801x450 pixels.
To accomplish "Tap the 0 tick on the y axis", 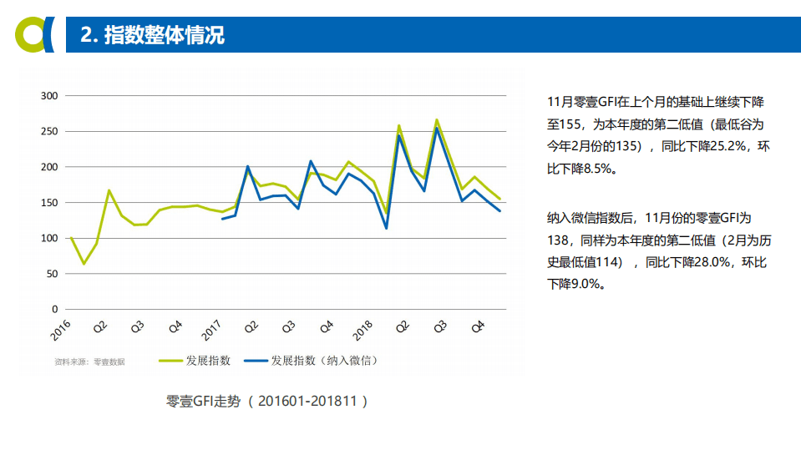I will coord(54,309).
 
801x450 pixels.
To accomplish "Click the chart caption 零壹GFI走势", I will coord(204,402).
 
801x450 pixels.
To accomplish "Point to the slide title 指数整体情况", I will coord(164,35).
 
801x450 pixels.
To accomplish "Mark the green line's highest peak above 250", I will coord(437,119).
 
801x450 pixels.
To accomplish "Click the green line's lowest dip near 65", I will coord(84,264).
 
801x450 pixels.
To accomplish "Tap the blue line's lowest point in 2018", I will coord(386,228).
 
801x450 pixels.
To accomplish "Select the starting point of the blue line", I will coord(222,219).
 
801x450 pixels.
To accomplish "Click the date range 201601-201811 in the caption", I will coord(307,402).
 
